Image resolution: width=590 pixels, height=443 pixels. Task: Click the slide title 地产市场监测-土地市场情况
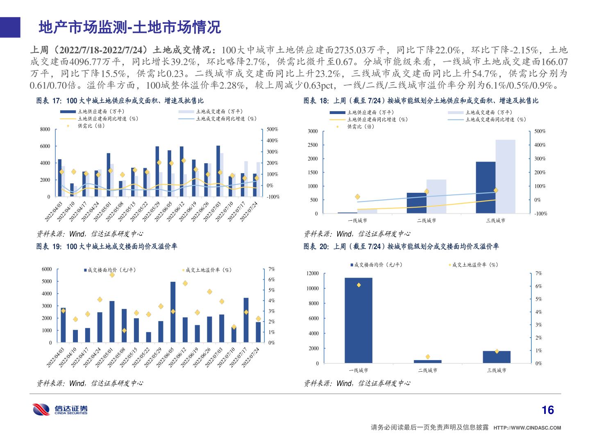(129, 27)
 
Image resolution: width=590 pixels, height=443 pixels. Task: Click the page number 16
(547, 410)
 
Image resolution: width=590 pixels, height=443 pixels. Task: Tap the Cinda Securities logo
(60, 409)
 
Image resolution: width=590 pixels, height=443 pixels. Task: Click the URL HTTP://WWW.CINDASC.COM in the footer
(527, 428)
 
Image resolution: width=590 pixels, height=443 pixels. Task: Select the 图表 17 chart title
(120, 101)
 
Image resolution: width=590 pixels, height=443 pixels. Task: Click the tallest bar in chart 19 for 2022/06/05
(173, 312)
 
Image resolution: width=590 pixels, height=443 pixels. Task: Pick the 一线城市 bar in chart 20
(359, 320)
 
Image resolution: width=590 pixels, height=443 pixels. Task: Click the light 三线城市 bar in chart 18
(505, 176)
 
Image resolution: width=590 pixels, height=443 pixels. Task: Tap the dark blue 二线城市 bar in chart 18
(416, 203)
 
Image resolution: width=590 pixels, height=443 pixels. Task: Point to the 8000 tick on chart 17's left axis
(45, 130)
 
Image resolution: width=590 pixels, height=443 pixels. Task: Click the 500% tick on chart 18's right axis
(540, 131)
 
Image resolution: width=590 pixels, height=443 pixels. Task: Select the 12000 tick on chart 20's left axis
(312, 274)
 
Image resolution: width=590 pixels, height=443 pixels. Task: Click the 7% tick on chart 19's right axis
(272, 269)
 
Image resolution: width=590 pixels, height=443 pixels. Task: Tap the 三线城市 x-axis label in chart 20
(497, 370)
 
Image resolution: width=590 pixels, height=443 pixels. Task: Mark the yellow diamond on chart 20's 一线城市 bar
(359, 285)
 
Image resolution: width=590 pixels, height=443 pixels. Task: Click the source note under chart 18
(357, 234)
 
